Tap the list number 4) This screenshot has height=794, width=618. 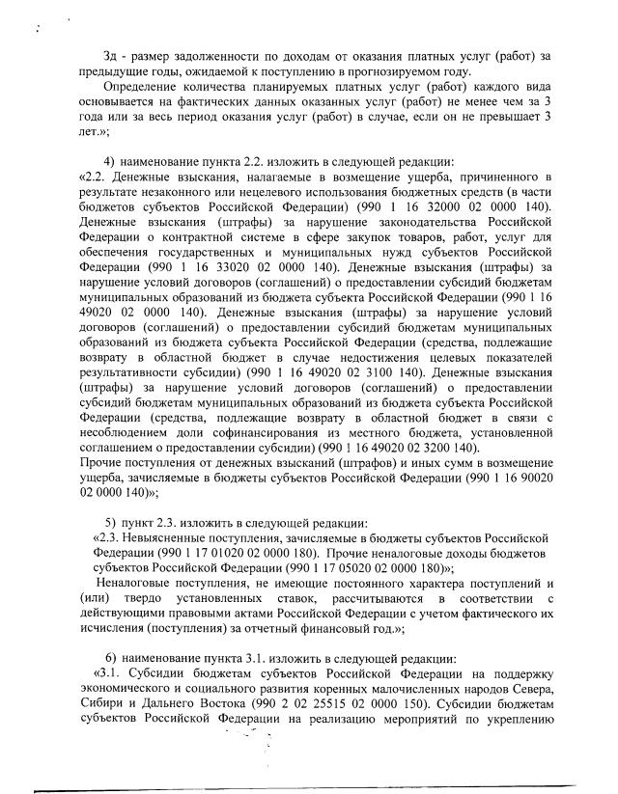pos(108,161)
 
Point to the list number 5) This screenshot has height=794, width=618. pos(108,523)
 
